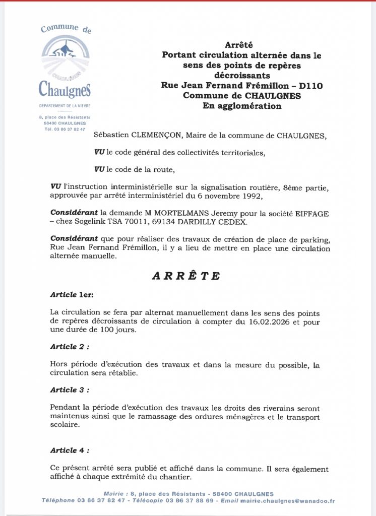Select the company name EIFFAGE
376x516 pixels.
(x=312, y=214)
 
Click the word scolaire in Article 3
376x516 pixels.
(x=66, y=425)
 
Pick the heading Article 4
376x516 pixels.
(x=70, y=450)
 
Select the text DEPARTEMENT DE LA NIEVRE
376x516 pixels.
(x=65, y=106)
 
